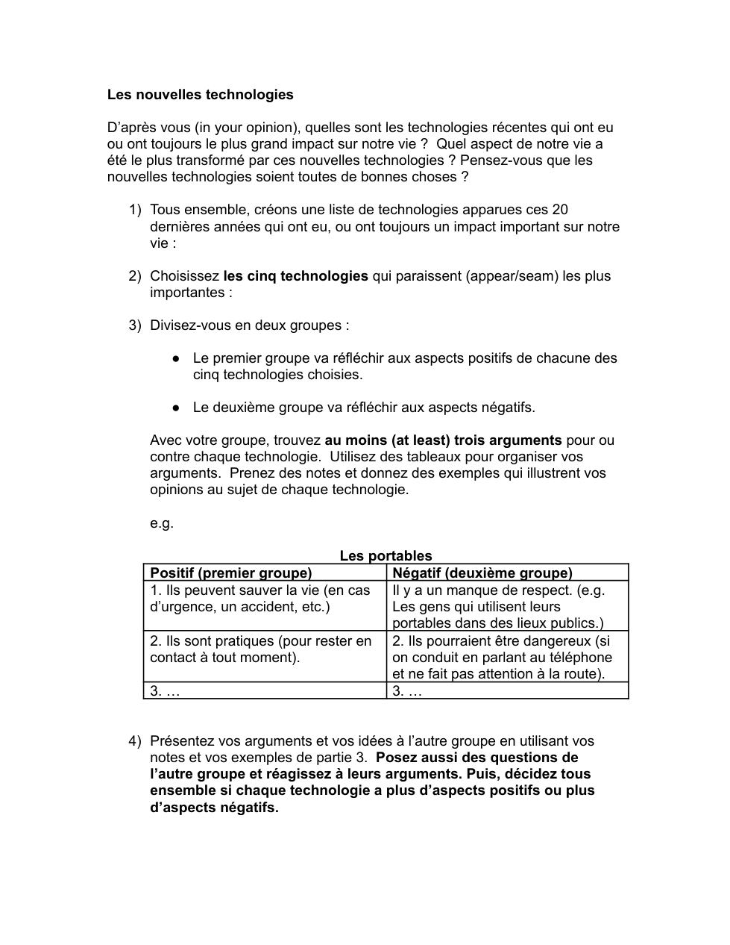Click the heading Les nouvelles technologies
(x=200, y=95)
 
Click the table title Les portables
(x=386, y=555)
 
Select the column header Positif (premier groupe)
(x=231, y=573)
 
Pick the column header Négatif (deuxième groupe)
(x=482, y=573)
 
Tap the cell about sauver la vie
(x=260, y=598)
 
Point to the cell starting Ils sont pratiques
(x=260, y=649)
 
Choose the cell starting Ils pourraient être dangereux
(x=501, y=657)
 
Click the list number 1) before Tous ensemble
(x=134, y=210)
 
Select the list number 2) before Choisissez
(x=134, y=276)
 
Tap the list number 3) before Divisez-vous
(x=134, y=325)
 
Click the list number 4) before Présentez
(x=134, y=741)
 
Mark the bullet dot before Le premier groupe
(x=176, y=358)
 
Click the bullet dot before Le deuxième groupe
(x=176, y=408)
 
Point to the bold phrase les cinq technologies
(x=295, y=276)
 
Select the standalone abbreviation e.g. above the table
(x=162, y=523)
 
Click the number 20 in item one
(x=560, y=210)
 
